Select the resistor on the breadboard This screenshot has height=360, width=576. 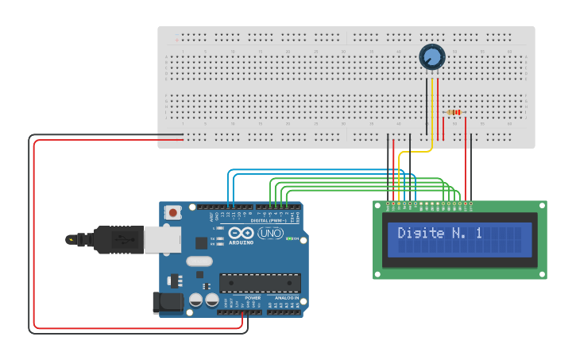click(x=454, y=113)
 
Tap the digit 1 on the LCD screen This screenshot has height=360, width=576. click(x=478, y=234)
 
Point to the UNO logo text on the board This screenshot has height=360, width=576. click(x=270, y=234)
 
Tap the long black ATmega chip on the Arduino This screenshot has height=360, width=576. click(x=260, y=283)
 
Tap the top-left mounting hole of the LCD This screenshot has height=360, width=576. click(x=378, y=205)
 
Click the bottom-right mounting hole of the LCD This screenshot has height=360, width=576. click(x=542, y=274)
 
